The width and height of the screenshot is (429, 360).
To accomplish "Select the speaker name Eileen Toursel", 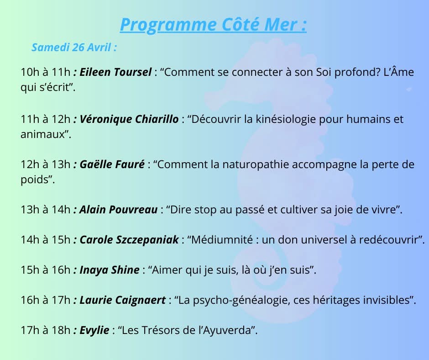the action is point(115,72).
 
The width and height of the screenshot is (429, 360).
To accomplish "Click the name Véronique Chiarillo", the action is point(129,119).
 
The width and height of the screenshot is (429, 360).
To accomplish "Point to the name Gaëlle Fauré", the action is point(112,164).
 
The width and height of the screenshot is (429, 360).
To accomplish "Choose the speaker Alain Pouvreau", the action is point(119,210).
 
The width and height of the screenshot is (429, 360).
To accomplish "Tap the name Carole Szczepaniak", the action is point(129,240).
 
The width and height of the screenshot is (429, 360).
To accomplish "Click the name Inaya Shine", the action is point(110,270).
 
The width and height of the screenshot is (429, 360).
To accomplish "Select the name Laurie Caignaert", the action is point(123,300).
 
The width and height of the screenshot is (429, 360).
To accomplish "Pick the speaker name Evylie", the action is point(94,330).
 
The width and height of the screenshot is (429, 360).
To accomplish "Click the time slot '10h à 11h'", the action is point(46,72).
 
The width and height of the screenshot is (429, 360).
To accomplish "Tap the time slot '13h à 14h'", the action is point(46,210).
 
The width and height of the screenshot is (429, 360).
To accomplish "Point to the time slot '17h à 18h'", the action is point(46,330).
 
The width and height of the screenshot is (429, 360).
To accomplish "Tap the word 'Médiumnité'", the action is point(222,240).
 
